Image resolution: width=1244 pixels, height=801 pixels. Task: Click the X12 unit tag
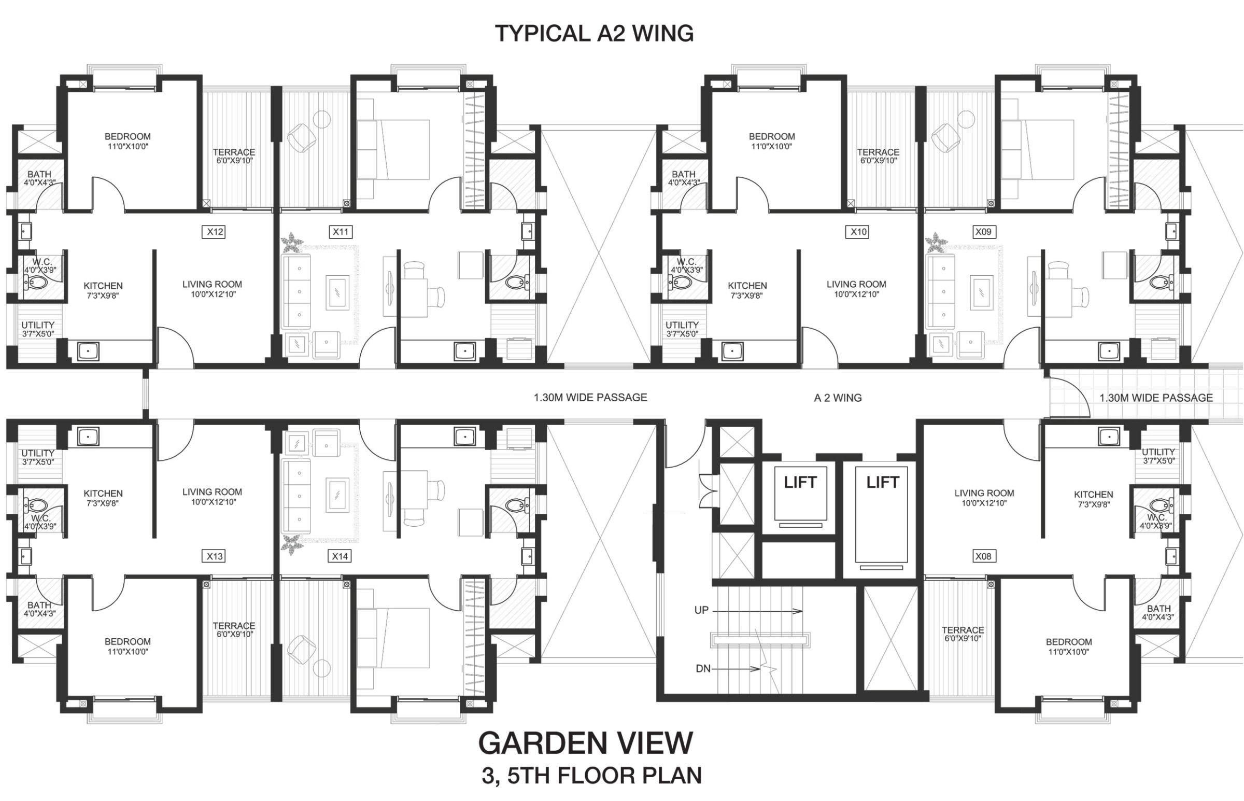(215, 232)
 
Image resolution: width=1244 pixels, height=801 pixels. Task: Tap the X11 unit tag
(341, 232)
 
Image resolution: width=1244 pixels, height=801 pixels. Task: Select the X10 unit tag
(858, 232)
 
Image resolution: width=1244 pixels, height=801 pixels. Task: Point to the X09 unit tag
(983, 232)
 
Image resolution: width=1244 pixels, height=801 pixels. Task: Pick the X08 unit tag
(983, 556)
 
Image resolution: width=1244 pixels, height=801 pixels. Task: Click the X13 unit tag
(215, 556)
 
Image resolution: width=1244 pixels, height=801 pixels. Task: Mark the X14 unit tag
(340, 556)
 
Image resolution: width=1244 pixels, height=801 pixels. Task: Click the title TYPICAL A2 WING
(594, 33)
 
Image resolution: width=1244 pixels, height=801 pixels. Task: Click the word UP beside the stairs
(701, 610)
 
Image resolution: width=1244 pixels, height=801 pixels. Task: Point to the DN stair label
(703, 669)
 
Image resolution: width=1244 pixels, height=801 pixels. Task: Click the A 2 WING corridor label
(838, 398)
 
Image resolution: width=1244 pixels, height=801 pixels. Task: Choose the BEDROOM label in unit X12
(128, 136)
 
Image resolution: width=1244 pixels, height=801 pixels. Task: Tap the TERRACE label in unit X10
(878, 152)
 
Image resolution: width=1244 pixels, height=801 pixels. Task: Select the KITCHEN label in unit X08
(1094, 494)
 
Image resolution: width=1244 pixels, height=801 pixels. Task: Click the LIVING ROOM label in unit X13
(212, 491)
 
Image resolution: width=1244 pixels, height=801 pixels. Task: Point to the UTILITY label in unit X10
(682, 325)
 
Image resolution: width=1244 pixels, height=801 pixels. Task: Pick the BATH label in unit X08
(1159, 608)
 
